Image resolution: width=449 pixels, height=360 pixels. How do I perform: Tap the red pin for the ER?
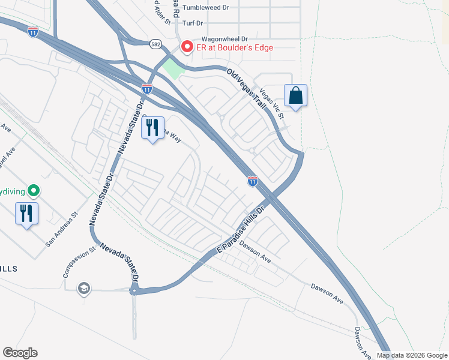coord(187,46)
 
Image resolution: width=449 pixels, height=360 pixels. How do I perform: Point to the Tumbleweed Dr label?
coord(206,8)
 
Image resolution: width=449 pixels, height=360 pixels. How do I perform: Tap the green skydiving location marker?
coord(34,191)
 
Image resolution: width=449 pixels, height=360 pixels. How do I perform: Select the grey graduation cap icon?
coord(83,289)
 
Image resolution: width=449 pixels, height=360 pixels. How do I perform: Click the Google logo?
coord(20,353)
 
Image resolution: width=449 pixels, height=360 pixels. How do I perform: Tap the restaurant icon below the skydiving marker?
coord(26,213)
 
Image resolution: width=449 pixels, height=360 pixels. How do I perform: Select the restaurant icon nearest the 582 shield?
coord(152,127)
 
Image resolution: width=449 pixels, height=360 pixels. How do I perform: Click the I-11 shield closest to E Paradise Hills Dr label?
coord(253,180)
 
